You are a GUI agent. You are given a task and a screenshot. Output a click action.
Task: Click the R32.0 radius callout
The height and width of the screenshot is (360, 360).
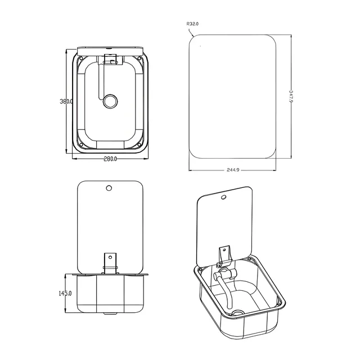[x=192, y=24]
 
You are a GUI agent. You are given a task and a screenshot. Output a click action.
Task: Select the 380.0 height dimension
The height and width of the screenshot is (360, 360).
[x=66, y=101]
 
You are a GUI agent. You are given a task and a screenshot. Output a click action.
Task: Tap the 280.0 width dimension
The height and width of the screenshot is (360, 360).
[x=110, y=159]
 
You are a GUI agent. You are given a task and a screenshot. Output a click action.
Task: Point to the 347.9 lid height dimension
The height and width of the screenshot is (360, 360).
[x=291, y=96]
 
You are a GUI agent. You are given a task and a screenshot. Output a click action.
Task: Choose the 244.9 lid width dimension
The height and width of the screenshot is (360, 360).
[x=233, y=170]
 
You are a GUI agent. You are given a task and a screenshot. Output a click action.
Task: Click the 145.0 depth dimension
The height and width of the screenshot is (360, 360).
[x=65, y=293]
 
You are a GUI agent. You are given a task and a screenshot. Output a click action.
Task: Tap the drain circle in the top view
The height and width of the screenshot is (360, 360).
[x=110, y=101]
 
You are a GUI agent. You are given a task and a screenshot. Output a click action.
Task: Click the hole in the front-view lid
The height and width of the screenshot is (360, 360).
[x=109, y=188]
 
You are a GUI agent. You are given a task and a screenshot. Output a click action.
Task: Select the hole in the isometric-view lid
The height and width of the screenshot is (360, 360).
[x=223, y=197]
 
